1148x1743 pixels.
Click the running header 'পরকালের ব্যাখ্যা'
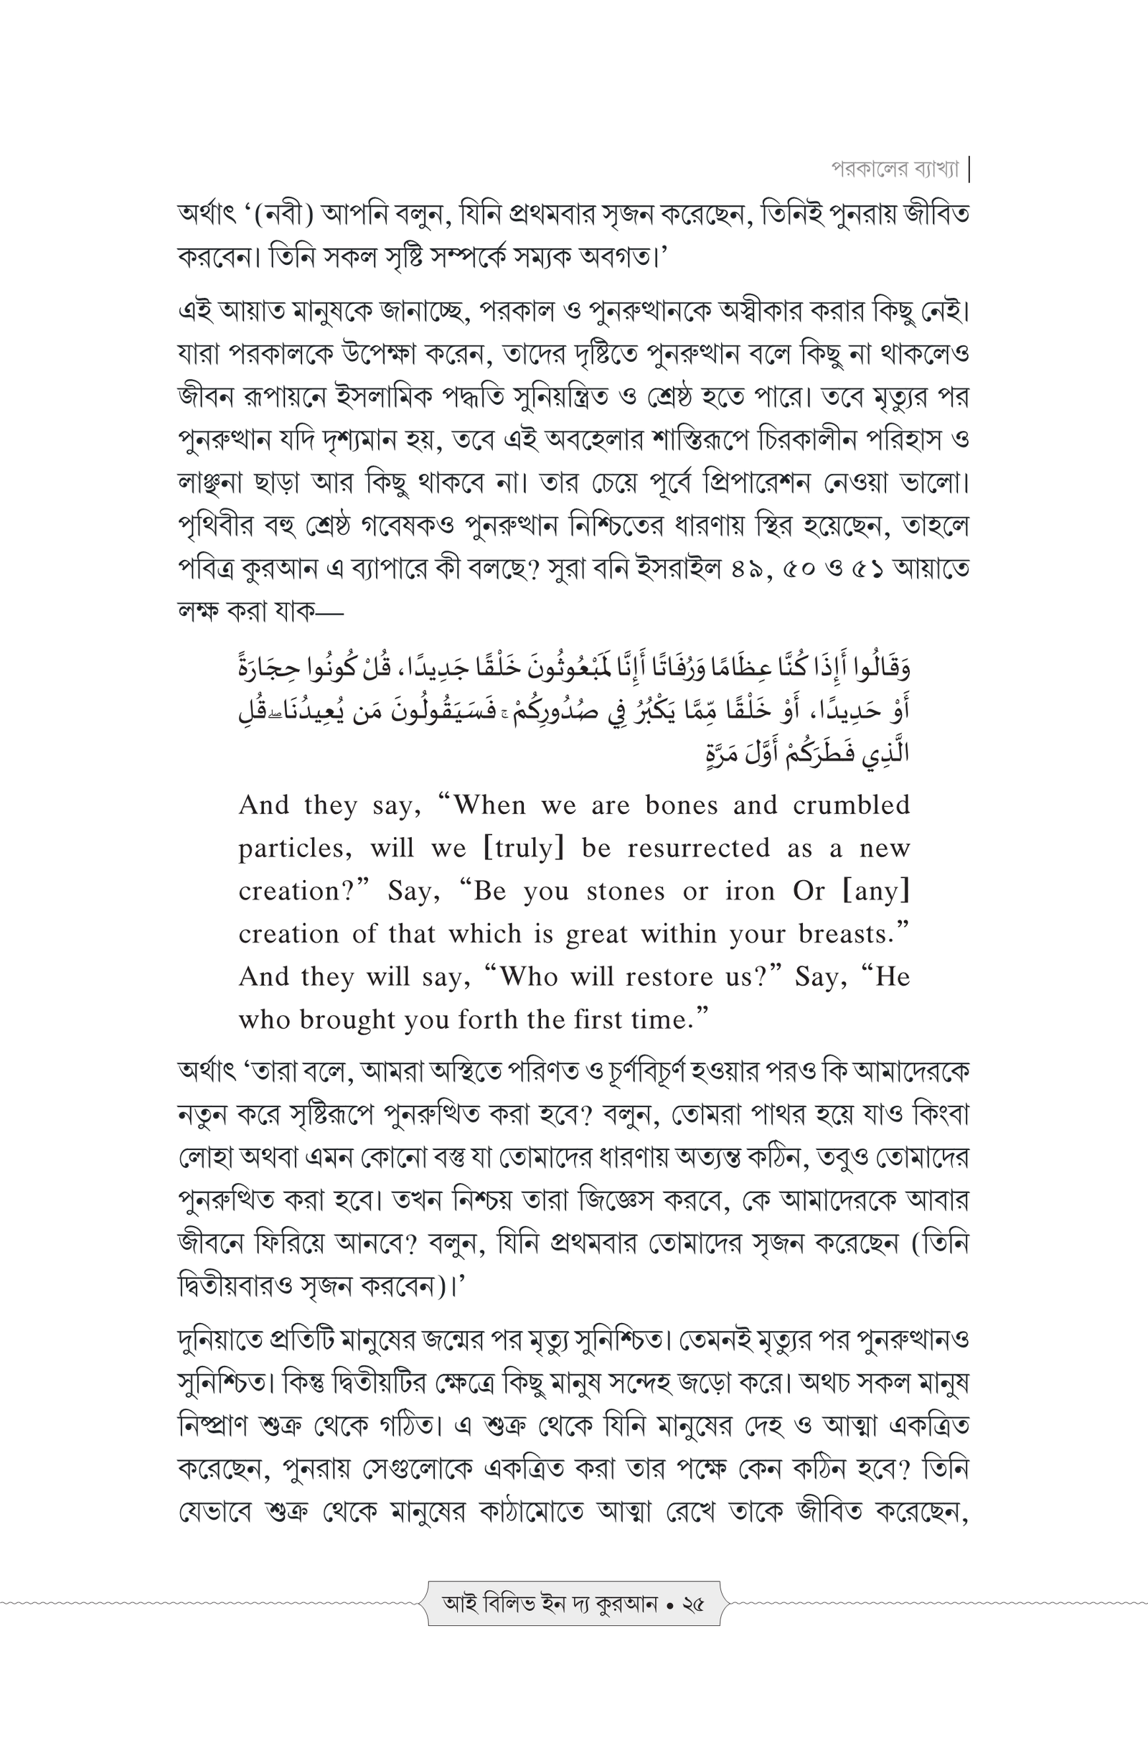894,169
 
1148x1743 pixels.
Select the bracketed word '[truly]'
524,848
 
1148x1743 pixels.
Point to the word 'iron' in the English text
750,892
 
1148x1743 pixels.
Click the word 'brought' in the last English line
334,1019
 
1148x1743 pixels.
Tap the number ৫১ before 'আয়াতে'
862,569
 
